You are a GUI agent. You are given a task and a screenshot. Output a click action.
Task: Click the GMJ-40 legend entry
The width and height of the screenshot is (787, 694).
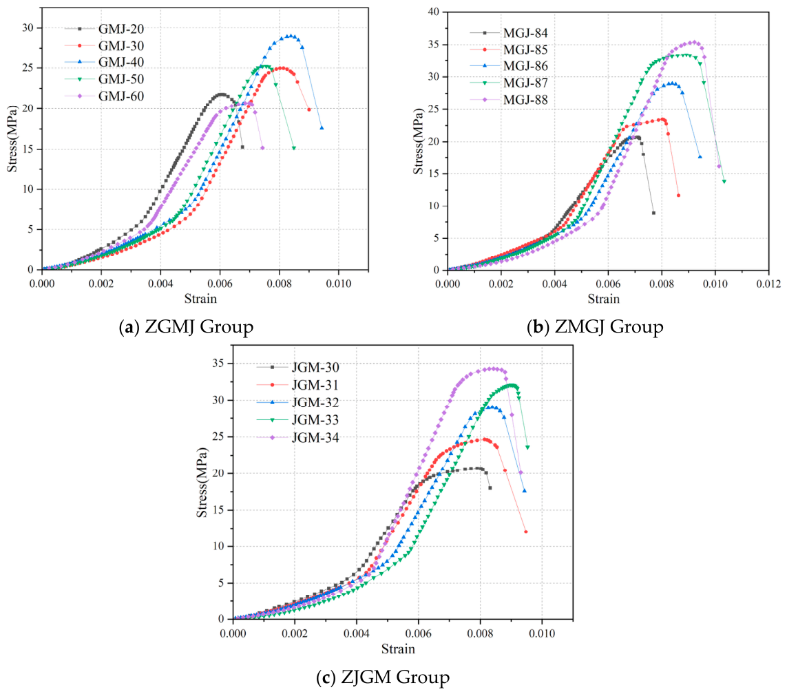[105, 62]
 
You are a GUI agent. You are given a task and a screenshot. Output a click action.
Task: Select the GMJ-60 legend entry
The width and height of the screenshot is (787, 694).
[105, 96]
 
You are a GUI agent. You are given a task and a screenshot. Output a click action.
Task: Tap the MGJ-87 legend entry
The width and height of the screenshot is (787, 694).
[509, 83]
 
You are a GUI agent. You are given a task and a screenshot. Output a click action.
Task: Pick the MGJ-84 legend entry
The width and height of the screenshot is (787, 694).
[509, 33]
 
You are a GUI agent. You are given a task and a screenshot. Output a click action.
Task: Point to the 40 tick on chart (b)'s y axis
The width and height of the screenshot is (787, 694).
[433, 12]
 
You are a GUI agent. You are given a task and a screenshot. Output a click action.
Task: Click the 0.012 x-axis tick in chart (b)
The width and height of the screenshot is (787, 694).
[768, 284]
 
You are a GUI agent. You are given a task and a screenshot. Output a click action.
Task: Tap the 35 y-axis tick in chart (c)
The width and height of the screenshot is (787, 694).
[218, 364]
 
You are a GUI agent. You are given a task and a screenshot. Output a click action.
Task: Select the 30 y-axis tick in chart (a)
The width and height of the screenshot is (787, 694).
[28, 28]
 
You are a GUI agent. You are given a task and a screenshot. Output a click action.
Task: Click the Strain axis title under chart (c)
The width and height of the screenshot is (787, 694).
[398, 649]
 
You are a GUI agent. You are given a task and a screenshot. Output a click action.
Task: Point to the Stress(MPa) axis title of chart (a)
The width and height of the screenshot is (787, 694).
[12, 139]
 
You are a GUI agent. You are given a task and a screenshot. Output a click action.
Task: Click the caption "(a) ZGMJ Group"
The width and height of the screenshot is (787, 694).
[186, 327]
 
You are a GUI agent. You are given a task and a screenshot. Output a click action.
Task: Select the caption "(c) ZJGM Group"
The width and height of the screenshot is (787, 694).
[383, 677]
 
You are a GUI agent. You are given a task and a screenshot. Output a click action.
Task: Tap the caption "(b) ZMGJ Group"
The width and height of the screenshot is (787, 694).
[596, 327]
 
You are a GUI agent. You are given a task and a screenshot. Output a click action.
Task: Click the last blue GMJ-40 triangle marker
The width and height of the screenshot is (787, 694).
[322, 128]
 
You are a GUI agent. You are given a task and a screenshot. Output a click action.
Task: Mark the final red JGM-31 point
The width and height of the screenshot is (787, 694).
[525, 532]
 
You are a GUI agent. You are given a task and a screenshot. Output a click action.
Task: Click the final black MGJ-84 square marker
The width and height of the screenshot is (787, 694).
[653, 213]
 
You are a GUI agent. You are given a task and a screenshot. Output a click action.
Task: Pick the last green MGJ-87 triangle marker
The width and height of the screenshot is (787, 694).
[724, 182]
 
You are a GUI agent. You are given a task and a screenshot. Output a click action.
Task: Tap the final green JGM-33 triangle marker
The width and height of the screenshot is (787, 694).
[527, 447]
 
